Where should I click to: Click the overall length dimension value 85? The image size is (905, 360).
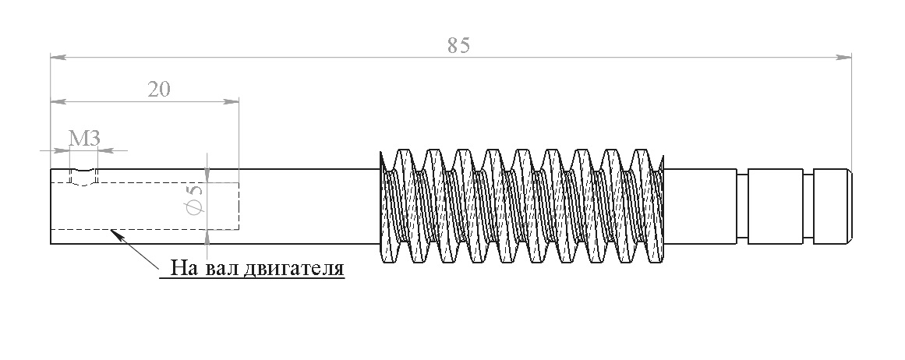pyautogui.click(x=459, y=45)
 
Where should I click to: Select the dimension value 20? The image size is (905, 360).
pyautogui.click(x=159, y=90)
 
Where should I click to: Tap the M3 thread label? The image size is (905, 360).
pyautogui.click(x=85, y=139)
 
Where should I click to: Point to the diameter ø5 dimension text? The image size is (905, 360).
pyautogui.click(x=195, y=199)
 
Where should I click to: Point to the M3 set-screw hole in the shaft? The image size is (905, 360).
pyautogui.click(x=83, y=177)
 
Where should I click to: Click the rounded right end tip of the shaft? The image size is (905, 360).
pyautogui.click(x=850, y=206)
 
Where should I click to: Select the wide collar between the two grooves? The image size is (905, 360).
pyautogui.click(x=775, y=206)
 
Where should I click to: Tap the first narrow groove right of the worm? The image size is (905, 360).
pyautogui.click(x=742, y=206)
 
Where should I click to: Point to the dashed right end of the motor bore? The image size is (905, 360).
pyautogui.click(x=239, y=206)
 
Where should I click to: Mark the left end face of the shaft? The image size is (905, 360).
pyautogui.click(x=51, y=206)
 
